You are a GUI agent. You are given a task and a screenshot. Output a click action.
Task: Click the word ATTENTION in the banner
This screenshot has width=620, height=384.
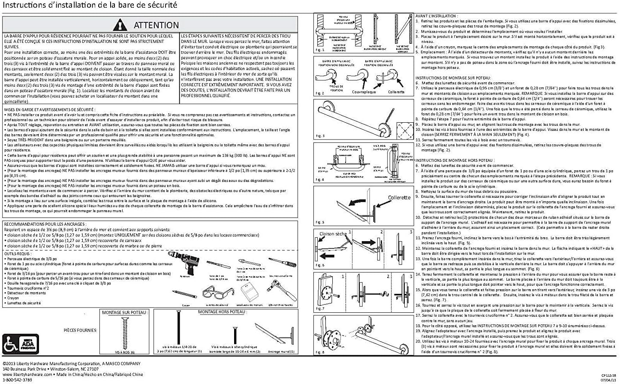tap(156, 25)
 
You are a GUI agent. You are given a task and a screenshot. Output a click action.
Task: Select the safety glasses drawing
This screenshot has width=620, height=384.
tap(218, 293)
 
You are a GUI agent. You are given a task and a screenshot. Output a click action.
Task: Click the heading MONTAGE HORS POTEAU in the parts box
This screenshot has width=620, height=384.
tap(222, 312)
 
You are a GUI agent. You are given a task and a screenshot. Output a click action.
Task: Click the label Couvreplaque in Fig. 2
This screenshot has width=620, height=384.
tap(364, 92)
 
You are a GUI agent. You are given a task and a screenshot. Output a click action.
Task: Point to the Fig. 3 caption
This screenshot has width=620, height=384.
tap(320, 136)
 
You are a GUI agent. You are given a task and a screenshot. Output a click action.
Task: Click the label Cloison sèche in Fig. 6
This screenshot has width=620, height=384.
tap(333, 234)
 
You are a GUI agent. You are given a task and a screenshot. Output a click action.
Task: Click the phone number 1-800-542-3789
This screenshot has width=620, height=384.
tap(17, 380)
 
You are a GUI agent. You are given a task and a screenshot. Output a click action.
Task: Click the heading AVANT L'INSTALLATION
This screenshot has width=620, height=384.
tap(436, 16)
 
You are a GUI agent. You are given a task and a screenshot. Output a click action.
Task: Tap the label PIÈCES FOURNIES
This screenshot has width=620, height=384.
tap(80, 330)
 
